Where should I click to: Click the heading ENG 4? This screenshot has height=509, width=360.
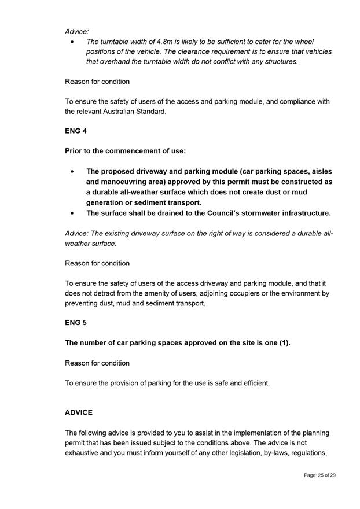pos(76,131)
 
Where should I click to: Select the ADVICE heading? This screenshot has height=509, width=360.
pos(79,413)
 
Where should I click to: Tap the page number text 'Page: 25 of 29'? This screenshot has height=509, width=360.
pos(319,475)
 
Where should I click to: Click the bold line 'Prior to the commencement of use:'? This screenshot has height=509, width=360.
pos(125,151)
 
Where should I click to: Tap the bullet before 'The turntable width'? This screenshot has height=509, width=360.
pos(72,42)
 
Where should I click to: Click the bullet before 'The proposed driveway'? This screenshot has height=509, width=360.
pos(72,172)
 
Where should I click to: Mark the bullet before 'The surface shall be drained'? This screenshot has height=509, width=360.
pos(72,213)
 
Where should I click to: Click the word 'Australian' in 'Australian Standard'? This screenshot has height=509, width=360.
pos(121,112)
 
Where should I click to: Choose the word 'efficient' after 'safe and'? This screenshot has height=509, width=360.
pos(255,383)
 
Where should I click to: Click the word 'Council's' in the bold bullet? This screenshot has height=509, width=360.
pos(199,213)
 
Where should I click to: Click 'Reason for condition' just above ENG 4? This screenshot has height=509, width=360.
pos(97,82)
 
